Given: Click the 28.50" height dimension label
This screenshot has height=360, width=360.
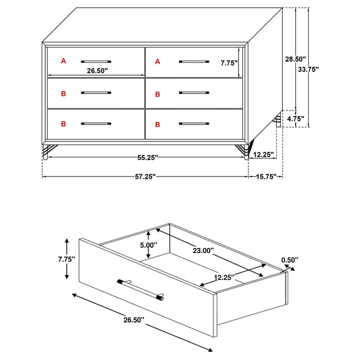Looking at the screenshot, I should coord(296,59).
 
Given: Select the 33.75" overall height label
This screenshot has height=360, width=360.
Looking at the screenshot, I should coord(309,69).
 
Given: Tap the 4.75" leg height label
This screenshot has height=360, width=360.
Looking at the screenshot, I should coord(296,119).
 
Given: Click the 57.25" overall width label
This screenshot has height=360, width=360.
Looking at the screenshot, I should coord(145,176).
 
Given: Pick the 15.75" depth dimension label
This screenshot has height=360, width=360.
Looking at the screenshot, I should coord(267,176).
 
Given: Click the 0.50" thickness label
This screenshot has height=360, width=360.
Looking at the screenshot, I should coord(290,260).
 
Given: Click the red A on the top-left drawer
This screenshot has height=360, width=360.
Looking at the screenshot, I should coord(64,61).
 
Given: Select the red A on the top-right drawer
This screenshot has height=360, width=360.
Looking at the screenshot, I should coord(158,62).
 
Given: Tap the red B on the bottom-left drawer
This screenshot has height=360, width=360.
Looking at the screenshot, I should coord(64,124).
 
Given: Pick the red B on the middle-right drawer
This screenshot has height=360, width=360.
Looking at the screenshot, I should coord(158,94).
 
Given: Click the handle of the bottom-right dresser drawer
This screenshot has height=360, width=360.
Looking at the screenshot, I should coord(194,124).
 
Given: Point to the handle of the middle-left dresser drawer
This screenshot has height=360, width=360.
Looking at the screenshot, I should coord(96,93).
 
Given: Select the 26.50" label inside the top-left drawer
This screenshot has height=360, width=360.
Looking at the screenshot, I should coord(97,71).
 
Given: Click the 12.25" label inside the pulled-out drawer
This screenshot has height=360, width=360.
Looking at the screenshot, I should coord(225,277).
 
